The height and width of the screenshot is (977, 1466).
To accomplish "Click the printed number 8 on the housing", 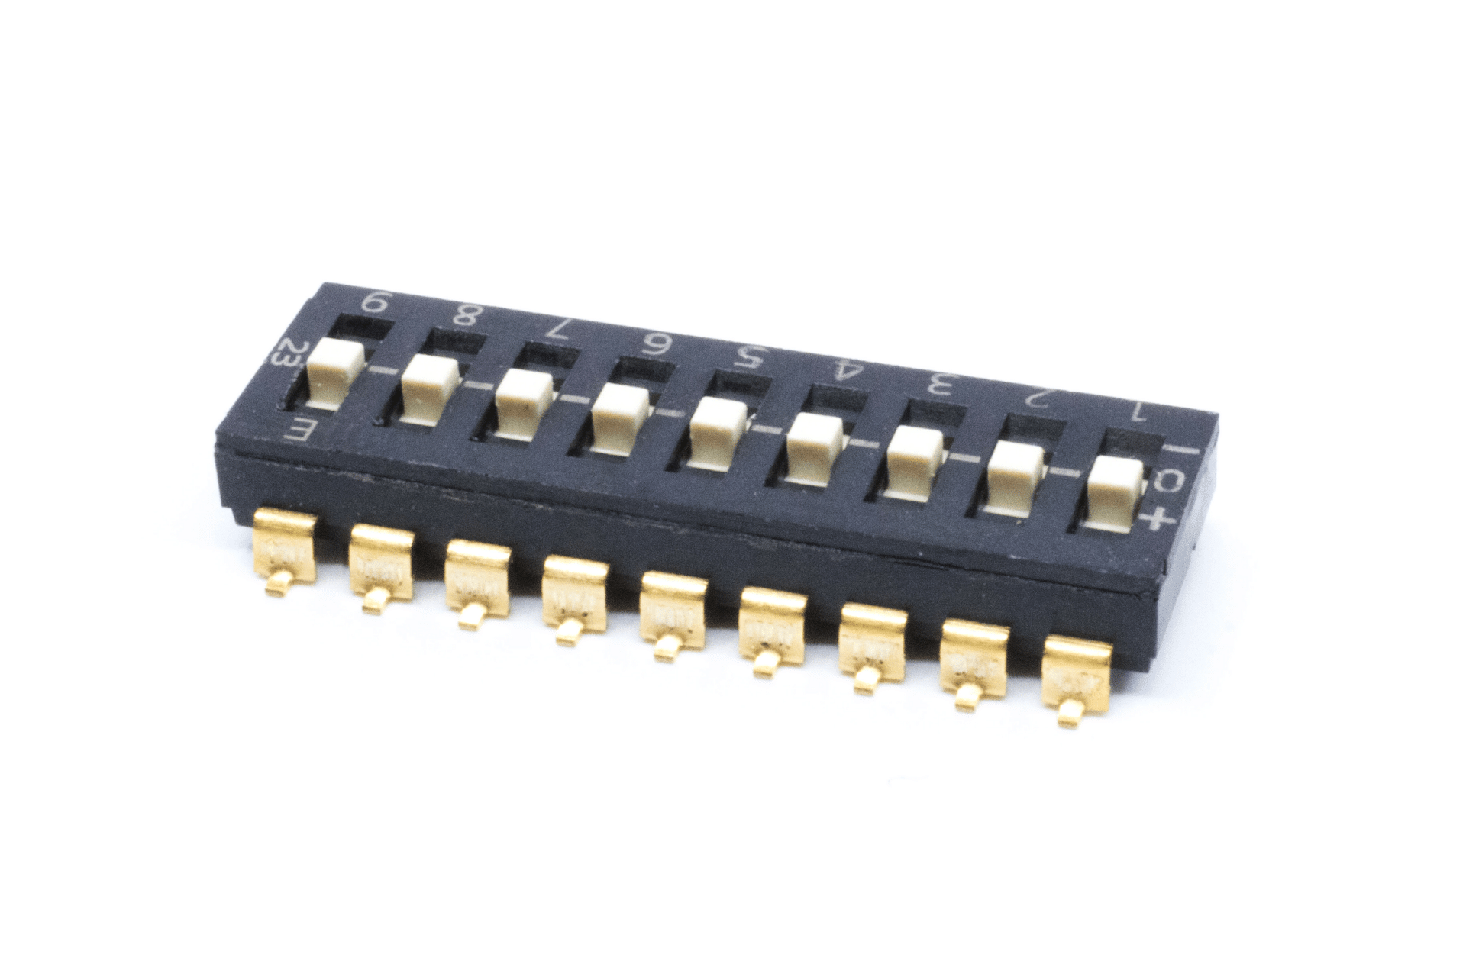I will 463,314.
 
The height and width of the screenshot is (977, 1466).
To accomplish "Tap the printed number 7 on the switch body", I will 557,329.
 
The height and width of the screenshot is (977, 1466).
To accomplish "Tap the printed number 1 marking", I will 1135,413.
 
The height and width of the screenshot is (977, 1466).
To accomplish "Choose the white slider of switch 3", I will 915,463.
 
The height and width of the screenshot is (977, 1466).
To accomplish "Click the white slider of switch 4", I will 813,450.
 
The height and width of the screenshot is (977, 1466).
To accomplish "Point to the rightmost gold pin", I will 1076,683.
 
